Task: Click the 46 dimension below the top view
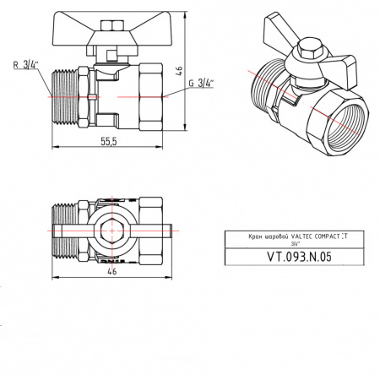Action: point(112,273)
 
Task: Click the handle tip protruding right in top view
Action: point(169,228)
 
